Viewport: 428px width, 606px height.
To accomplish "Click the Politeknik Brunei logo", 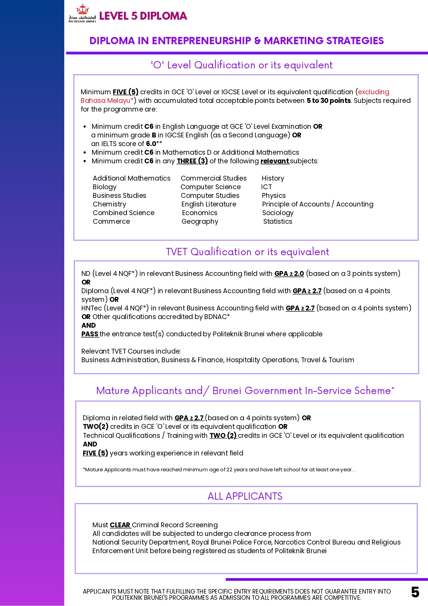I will coord(82,13).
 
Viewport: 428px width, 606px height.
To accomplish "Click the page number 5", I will coord(415,592).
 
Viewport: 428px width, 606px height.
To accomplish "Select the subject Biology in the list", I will coord(105,187).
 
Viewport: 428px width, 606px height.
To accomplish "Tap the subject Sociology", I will coord(278,213).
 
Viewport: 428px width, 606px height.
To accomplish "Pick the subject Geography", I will coord(200,221).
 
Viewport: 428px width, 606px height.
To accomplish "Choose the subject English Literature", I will coord(209,204).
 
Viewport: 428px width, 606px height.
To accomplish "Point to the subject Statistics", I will coord(278,221).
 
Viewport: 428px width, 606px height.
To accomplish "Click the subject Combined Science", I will coord(124,213).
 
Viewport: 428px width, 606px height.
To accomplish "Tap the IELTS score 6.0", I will coord(151,144).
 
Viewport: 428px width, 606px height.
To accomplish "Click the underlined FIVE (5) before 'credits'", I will coord(126,92).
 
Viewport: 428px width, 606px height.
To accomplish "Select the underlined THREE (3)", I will coord(192,161).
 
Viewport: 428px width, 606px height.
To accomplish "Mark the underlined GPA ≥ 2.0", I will coord(289,273).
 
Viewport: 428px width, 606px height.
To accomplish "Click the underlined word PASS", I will coord(90,334).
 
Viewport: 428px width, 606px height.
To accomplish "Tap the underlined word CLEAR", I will coord(120,525).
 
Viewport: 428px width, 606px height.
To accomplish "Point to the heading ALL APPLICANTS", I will coord(245,496).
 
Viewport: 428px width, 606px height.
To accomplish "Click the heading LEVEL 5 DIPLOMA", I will coord(143,16).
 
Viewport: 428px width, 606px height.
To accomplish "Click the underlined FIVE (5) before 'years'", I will coord(95,453).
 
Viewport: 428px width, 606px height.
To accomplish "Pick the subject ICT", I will coord(266,187).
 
